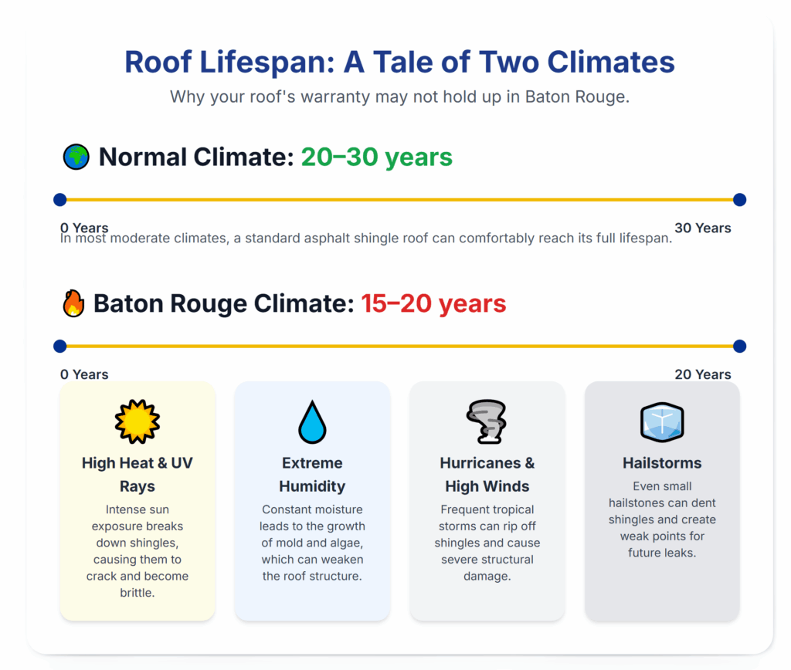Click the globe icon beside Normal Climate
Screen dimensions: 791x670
tap(76, 157)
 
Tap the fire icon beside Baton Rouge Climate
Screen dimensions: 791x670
tap(73, 303)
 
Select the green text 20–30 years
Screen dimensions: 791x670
tap(377, 157)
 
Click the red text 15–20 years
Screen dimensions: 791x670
tap(433, 303)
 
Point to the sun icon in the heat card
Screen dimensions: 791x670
tap(137, 421)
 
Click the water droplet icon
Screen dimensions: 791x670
tap(312, 422)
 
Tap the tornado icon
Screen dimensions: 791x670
tap(487, 422)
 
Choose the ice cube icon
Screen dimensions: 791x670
tap(662, 422)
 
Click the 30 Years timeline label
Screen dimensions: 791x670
tap(703, 228)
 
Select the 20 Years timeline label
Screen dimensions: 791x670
tap(703, 374)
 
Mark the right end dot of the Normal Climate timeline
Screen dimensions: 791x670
tap(739, 200)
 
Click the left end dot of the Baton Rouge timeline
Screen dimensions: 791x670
tap(60, 347)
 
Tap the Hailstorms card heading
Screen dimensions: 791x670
tap(662, 463)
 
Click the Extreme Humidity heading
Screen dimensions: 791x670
tap(312, 475)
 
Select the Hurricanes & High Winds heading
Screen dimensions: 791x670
tap(487, 475)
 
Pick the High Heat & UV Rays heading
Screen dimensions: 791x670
tap(137, 475)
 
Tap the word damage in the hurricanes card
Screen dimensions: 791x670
tap(485, 577)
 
